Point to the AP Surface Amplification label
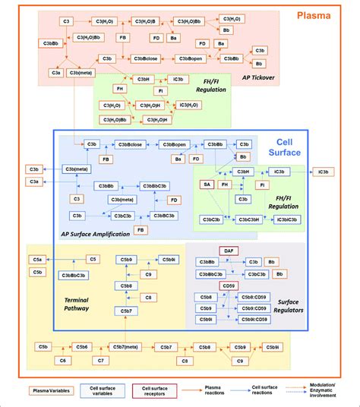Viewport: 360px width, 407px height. pos(96,234)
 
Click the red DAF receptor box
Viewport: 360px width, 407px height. pos(229,250)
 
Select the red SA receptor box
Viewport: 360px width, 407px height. pos(206,184)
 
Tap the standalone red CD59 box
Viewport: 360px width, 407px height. pos(228,285)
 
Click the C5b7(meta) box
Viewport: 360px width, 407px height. pos(125,347)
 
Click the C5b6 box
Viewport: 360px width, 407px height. pos(81,347)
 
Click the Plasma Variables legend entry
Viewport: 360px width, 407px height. pos(52,390)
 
